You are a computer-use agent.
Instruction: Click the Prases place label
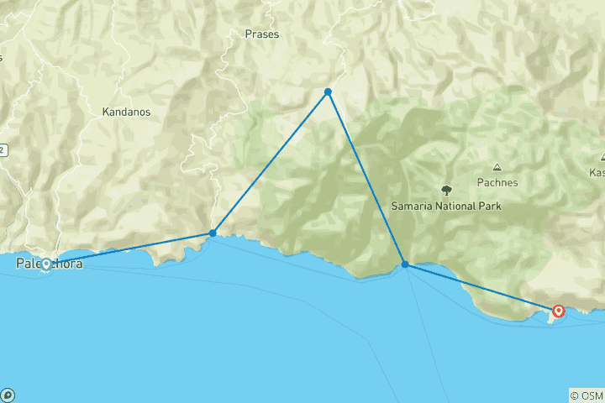click(261, 34)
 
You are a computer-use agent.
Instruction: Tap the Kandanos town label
click(124, 111)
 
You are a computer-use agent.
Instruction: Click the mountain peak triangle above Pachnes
click(497, 167)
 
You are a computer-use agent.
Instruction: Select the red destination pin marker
click(559, 312)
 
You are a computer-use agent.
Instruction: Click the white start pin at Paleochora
click(46, 261)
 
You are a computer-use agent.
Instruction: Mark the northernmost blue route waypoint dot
click(328, 92)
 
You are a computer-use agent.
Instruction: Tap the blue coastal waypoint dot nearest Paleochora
click(213, 233)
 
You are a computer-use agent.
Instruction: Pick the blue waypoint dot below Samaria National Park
click(405, 264)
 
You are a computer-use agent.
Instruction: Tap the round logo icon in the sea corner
click(8, 395)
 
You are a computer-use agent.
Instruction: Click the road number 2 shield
click(3, 150)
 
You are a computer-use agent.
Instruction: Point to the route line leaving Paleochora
click(126, 248)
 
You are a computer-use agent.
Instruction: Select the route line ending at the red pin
click(483, 287)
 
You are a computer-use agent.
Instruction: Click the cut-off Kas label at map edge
click(597, 172)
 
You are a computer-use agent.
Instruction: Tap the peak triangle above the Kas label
click(602, 157)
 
